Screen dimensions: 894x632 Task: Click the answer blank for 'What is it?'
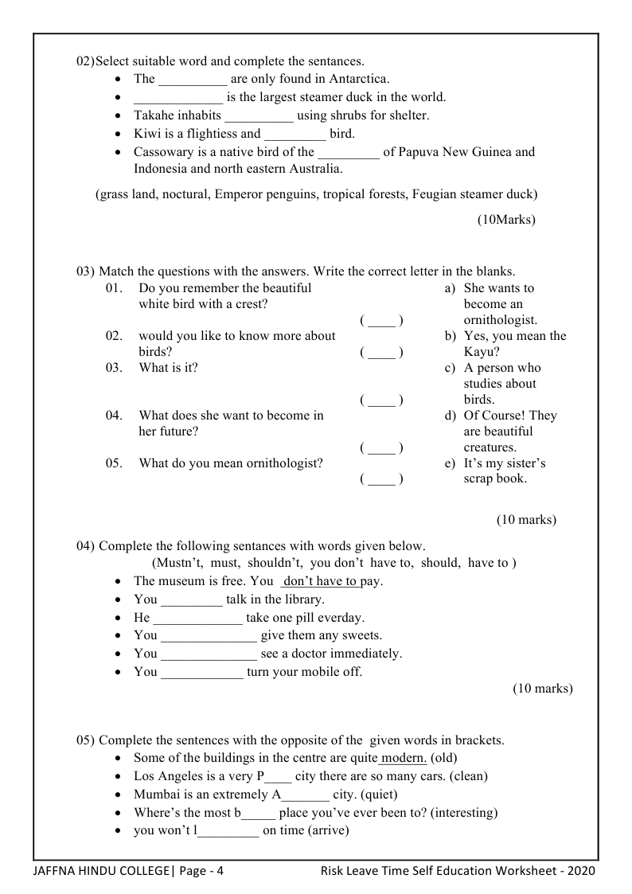[x=381, y=400]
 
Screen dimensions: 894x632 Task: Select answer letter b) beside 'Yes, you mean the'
[x=450, y=336]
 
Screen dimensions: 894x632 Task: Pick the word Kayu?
[x=482, y=352]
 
